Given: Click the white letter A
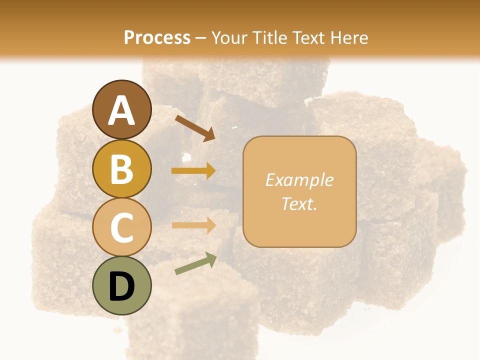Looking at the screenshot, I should click(121, 111).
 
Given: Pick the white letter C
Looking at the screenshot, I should click(121, 227).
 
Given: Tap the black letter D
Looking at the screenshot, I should click(121, 286).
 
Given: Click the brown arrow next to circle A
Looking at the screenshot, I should click(194, 128).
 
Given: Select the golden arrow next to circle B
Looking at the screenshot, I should click(193, 170).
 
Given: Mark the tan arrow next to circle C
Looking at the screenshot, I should click(193, 225).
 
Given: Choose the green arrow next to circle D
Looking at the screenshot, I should click(195, 263).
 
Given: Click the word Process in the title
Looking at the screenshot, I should click(157, 37).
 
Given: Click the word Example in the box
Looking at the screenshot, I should click(299, 180).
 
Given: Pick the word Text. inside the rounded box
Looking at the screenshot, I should click(299, 203).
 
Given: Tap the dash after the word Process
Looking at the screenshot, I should click(200, 38).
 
